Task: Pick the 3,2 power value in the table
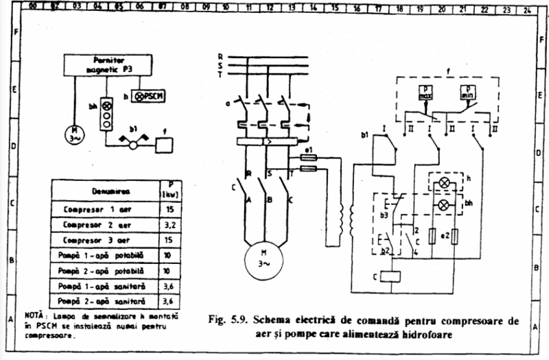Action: click(165, 224)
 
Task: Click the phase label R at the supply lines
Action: click(220, 56)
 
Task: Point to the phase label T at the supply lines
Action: click(220, 73)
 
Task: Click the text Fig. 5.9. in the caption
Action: click(229, 320)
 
